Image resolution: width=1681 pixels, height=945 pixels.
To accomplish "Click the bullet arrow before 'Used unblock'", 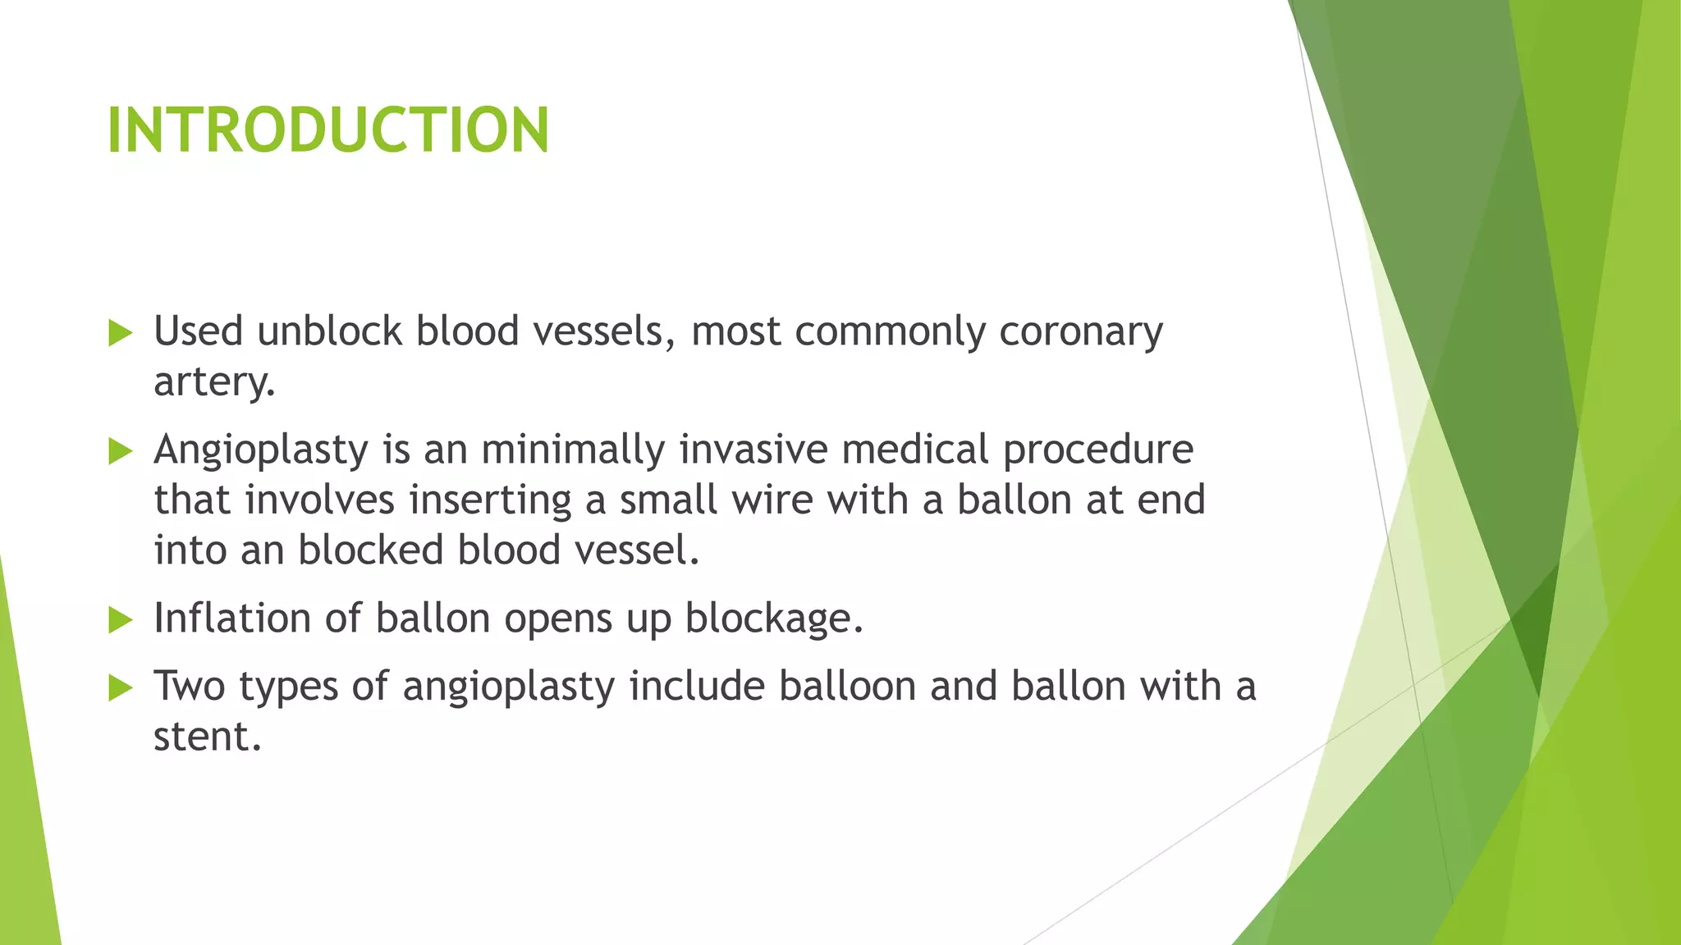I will pos(120,333).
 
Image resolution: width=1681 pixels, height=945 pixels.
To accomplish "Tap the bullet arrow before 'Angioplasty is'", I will pos(120,451).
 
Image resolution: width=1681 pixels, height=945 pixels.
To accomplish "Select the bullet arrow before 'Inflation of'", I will pos(120,620).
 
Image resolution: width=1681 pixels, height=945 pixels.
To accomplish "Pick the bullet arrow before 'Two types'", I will pos(120,688).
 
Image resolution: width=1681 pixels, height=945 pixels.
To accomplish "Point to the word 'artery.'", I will pos(214,382).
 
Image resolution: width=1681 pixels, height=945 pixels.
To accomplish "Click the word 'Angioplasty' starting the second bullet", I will pos(260,450).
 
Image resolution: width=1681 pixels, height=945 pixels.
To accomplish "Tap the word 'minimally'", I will pos(572,450).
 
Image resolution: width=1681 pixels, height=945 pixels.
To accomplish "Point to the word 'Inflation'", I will pos(231,619).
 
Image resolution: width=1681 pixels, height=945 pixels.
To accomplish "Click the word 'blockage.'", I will pos(774,619).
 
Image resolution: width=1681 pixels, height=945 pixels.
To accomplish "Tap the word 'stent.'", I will pos(207,737).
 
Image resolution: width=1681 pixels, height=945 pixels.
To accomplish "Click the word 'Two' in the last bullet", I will pos(190,687).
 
